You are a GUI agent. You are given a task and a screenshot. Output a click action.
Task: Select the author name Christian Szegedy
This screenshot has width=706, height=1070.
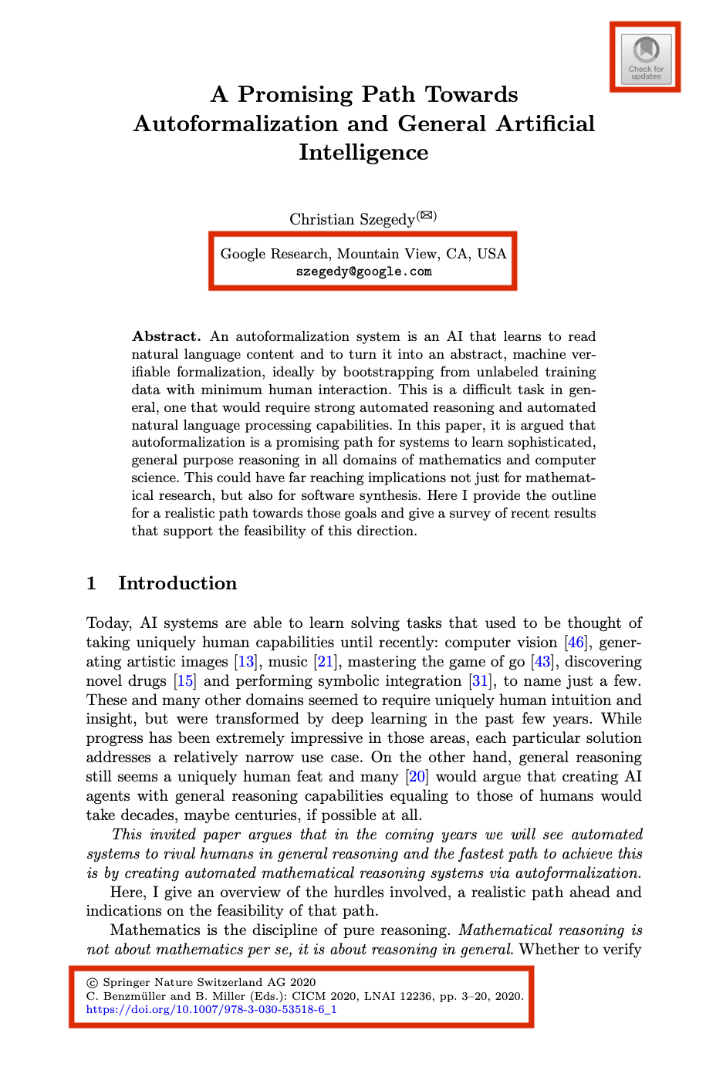pyautogui.click(x=352, y=219)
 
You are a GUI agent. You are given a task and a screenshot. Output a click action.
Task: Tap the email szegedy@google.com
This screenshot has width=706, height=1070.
pyautogui.click(x=363, y=272)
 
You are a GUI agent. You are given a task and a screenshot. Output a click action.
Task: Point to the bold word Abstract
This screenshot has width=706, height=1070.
pyautogui.click(x=166, y=336)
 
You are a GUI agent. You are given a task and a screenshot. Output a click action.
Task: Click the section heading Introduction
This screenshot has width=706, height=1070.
pyautogui.click(x=177, y=583)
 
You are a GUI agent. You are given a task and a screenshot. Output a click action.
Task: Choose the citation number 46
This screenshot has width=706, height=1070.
pyautogui.click(x=576, y=643)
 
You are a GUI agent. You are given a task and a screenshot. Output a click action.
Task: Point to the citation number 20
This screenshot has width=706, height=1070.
pyautogui.click(x=417, y=777)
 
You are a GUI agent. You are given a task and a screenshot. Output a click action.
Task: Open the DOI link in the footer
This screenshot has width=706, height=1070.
pyautogui.click(x=211, y=1009)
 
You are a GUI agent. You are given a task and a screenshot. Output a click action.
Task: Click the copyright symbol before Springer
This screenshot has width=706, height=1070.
pyautogui.click(x=93, y=983)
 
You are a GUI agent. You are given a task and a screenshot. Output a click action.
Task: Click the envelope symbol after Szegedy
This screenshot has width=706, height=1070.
pyautogui.click(x=427, y=215)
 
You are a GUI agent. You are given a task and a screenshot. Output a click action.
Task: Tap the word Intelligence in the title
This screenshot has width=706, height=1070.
pyautogui.click(x=363, y=152)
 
